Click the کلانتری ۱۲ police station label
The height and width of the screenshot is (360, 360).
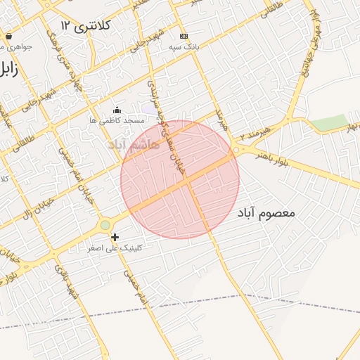click(86, 25)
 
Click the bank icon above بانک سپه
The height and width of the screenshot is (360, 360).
click(184, 36)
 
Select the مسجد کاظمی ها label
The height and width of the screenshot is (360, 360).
click(117, 121)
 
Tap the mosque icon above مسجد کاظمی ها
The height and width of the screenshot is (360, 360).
click(117, 110)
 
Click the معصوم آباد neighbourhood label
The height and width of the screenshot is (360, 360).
click(266, 212)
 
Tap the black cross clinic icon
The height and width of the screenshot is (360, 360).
click(115, 238)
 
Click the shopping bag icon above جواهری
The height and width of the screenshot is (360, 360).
click(8, 36)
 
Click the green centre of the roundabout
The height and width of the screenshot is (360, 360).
click(105, 225)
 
